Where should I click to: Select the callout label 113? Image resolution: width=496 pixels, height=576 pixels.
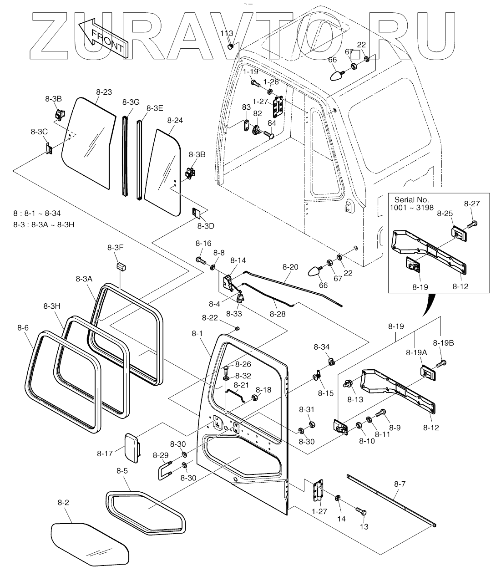point(227,33)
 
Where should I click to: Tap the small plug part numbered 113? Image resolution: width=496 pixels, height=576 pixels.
point(230,47)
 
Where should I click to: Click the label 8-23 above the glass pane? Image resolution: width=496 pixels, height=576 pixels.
point(104,92)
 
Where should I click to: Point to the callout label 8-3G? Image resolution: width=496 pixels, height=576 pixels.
point(131,102)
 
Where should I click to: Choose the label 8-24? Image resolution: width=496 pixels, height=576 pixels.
point(175,120)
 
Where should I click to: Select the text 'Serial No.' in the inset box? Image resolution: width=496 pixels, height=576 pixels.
point(412,199)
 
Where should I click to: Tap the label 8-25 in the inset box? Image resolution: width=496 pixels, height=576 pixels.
point(445,214)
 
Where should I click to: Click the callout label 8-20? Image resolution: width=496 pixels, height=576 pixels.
point(290,267)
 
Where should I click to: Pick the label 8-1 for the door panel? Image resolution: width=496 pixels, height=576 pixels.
point(197,333)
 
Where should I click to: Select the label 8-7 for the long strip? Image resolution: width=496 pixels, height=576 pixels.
point(400,484)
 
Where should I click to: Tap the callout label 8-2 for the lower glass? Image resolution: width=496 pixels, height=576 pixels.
point(63,502)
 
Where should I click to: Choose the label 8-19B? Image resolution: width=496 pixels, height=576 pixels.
point(443,343)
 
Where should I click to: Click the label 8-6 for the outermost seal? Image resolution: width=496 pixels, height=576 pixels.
point(23,328)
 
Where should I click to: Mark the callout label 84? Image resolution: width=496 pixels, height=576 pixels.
point(272,123)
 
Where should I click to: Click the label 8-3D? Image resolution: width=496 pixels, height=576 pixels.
point(206,226)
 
